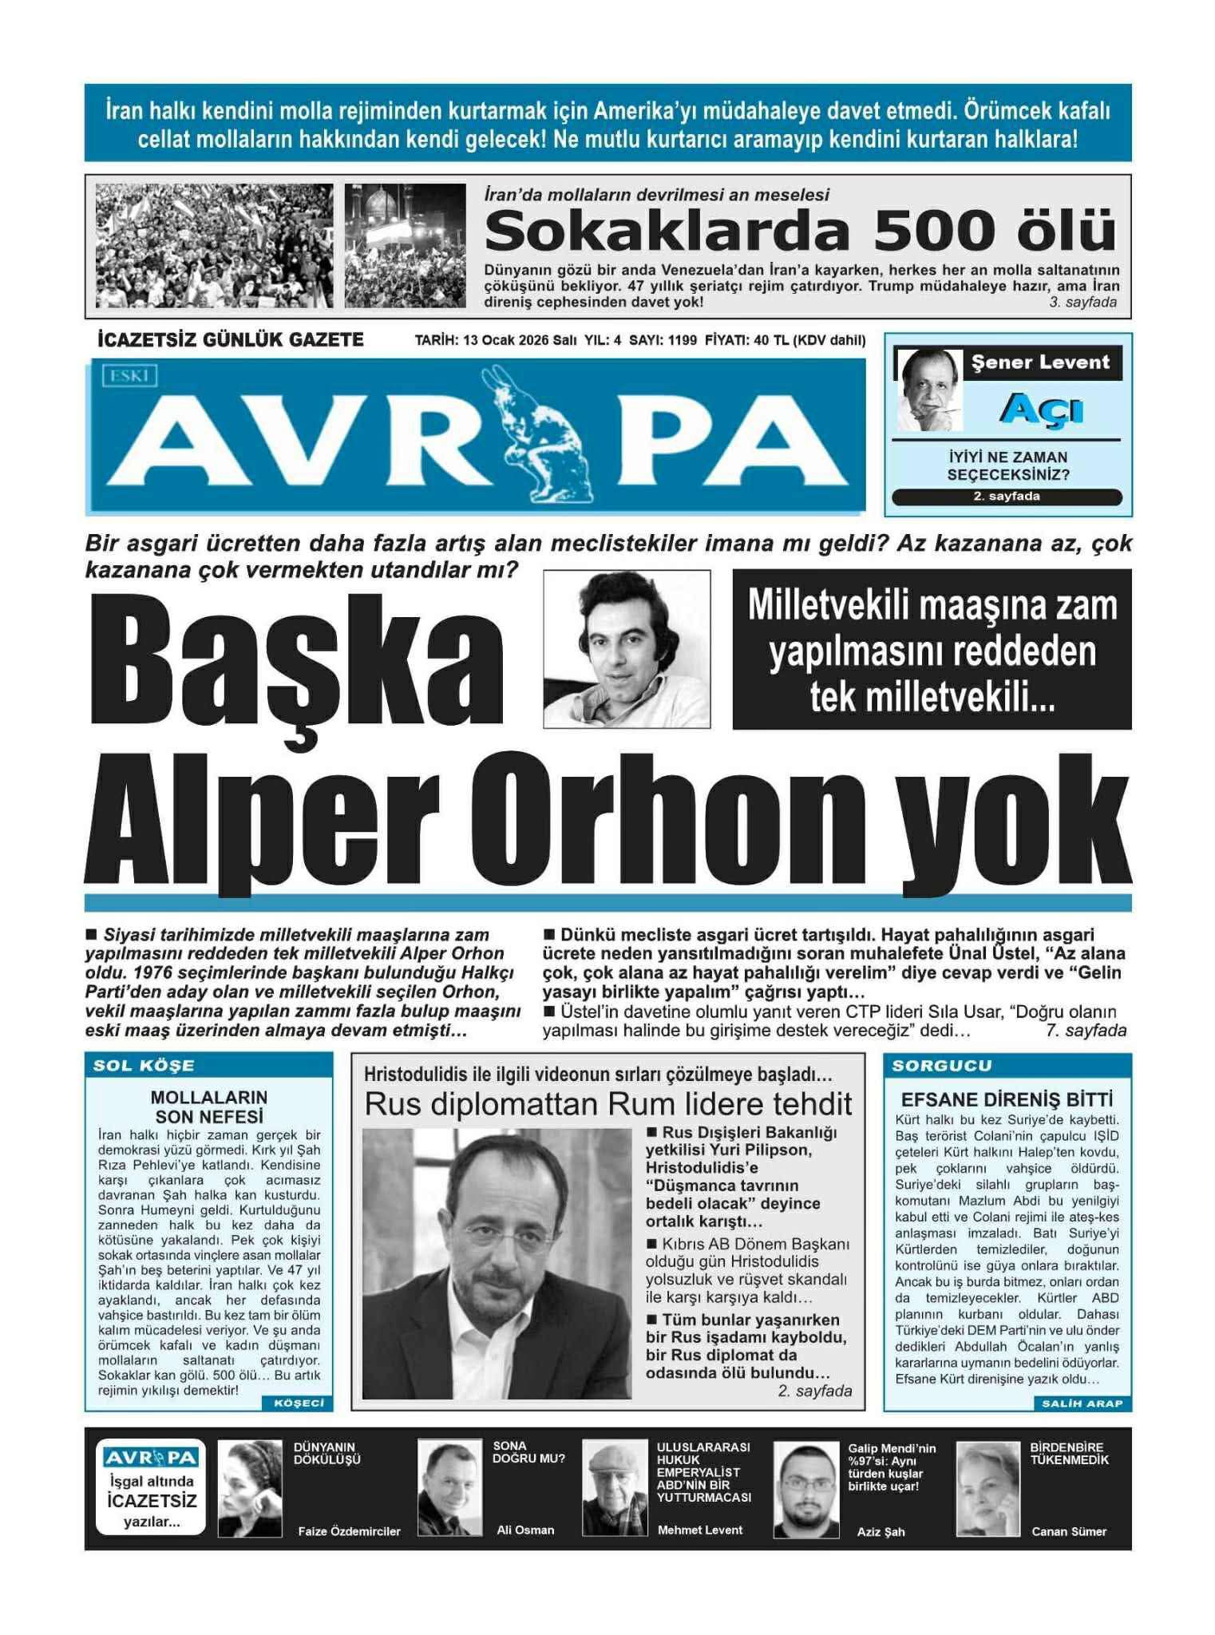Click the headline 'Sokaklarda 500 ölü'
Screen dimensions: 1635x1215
tap(799, 231)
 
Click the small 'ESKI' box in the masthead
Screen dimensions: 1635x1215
tap(129, 376)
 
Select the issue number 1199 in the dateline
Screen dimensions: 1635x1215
tap(682, 341)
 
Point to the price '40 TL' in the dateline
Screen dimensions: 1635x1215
tap(770, 341)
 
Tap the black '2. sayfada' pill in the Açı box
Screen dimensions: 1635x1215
tap(1006, 497)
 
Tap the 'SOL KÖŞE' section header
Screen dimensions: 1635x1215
tap(144, 1066)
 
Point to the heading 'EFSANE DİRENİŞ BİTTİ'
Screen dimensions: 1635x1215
tap(1006, 1099)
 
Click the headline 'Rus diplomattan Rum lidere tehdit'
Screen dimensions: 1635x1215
tap(608, 1105)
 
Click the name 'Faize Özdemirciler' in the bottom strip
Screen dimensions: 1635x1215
tap(349, 1531)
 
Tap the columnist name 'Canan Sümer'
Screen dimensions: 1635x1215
tap(1068, 1531)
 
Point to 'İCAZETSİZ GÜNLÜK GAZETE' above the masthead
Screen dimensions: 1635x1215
tap(230, 340)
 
